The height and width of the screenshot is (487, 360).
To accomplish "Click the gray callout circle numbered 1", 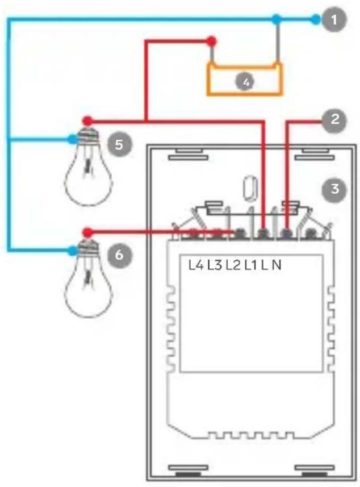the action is click(334, 20).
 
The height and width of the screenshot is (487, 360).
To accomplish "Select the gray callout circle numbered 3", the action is click(334, 189).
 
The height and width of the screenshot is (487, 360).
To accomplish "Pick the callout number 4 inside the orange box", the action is click(246, 82).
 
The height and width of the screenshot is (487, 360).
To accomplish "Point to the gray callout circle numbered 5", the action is click(119, 144).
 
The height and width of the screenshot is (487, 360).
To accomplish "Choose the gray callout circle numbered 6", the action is click(119, 255).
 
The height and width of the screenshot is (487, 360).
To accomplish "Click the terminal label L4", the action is click(196, 265).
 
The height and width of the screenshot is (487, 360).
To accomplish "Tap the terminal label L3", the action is click(215, 265).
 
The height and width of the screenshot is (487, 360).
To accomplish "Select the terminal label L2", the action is click(233, 265).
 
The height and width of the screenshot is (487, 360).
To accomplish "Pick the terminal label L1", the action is click(250, 265).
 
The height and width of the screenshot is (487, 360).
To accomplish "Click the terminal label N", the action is click(277, 265).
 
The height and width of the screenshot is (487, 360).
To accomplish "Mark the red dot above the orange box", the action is click(211, 41).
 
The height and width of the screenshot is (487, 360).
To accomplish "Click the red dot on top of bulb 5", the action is click(87, 120).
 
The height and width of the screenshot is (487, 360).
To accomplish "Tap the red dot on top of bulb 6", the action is click(87, 232).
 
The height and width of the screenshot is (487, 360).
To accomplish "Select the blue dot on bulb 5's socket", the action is click(73, 139).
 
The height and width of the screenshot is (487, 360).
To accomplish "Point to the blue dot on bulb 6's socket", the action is click(73, 250).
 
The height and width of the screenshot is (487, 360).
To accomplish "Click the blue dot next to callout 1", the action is click(315, 20).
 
